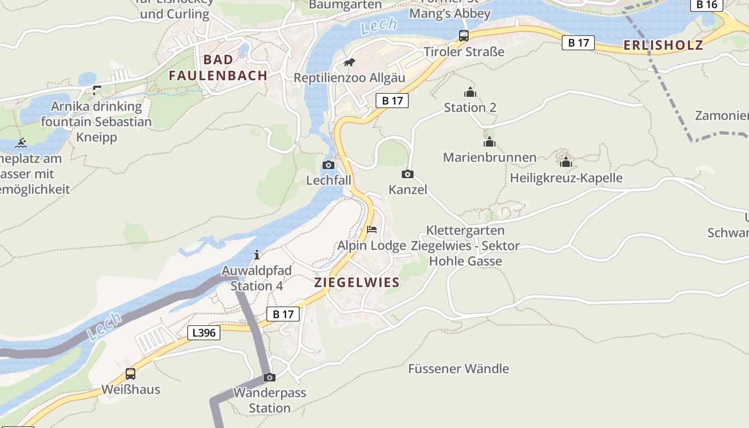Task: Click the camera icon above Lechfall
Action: tap(328, 165)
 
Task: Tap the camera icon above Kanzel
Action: tap(407, 174)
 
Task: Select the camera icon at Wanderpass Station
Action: tap(270, 377)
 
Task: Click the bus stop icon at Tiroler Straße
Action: tap(463, 36)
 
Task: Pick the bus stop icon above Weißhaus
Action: tap(130, 374)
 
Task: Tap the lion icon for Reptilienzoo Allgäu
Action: tap(349, 63)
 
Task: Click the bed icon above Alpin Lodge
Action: tap(372, 230)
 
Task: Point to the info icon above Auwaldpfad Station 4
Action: tap(257, 254)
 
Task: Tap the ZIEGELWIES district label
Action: tap(357, 282)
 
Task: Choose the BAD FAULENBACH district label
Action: tap(218, 67)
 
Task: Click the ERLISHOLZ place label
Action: tap(663, 45)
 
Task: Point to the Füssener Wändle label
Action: tap(458, 369)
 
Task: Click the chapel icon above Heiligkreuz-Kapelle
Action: tap(566, 162)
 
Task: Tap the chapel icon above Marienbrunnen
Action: tap(489, 142)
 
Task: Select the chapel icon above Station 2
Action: tap(470, 92)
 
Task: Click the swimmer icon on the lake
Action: tap(21, 143)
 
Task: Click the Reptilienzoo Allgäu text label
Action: tap(349, 78)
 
